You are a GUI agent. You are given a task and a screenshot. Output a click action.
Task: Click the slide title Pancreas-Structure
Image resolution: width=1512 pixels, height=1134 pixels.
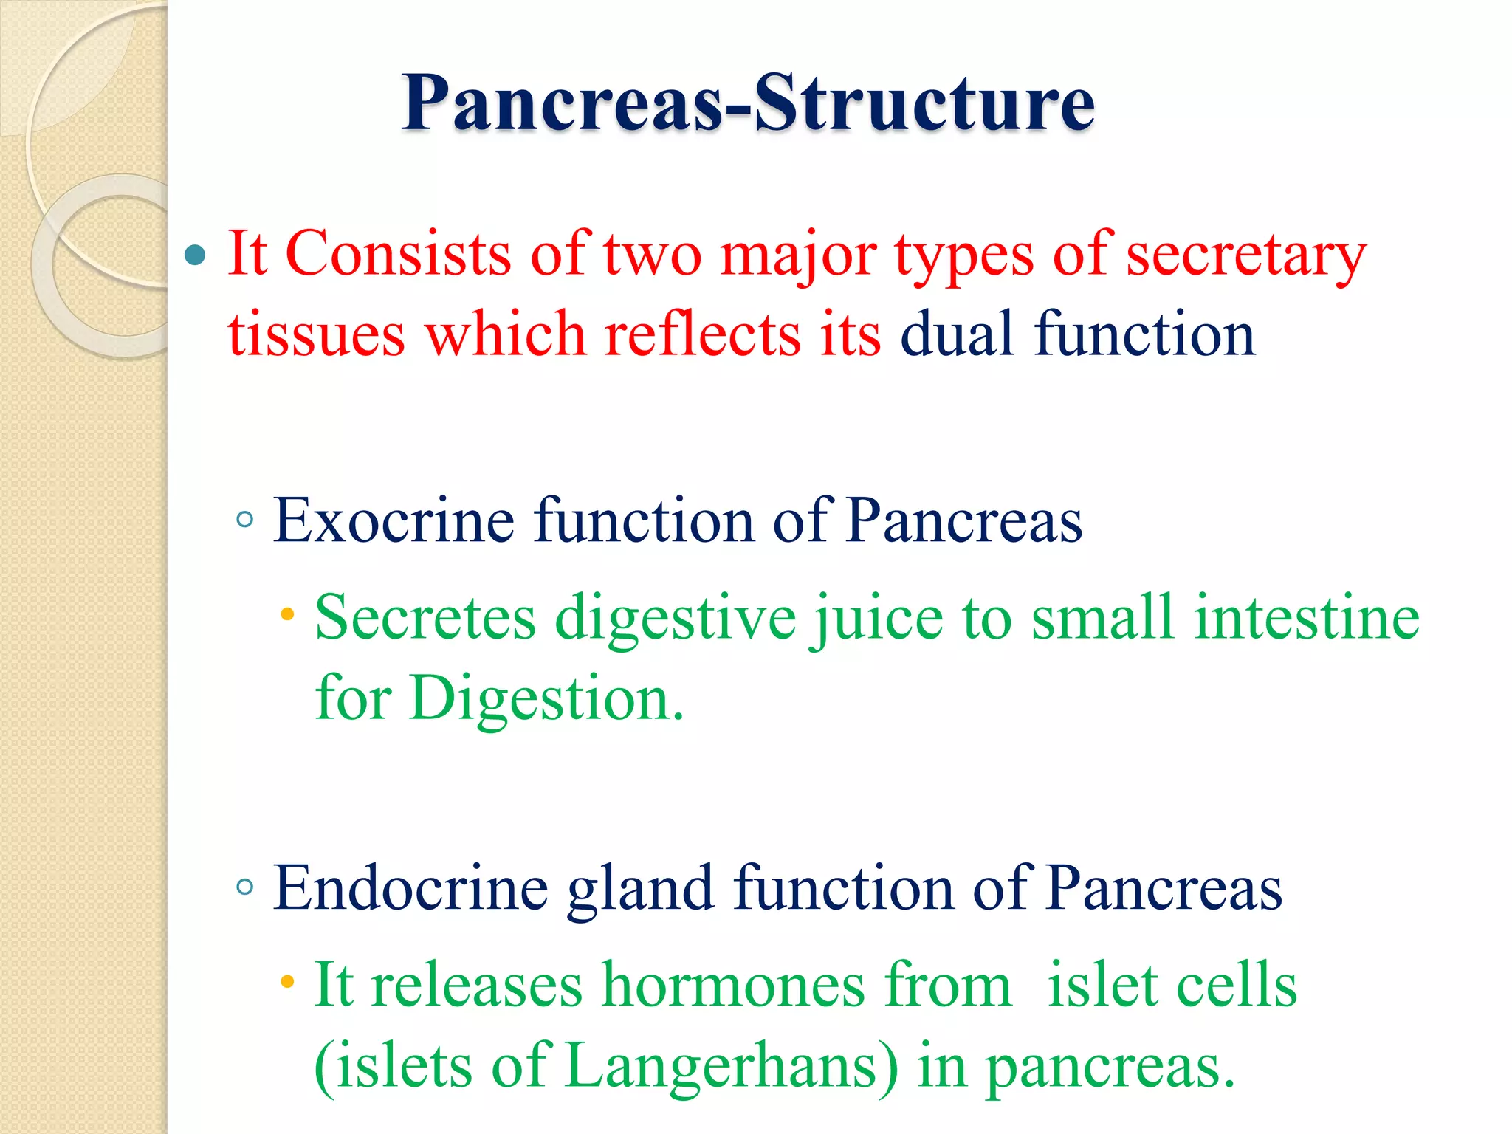(747, 103)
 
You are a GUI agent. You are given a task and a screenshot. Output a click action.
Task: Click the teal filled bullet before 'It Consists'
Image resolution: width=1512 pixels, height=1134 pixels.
(195, 255)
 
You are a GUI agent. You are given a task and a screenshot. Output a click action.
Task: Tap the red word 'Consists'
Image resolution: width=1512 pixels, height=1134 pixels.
(398, 254)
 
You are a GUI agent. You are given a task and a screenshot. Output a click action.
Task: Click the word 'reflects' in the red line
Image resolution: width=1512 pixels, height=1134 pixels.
(702, 334)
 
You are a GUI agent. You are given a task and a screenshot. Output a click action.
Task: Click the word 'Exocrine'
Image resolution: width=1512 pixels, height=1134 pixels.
(394, 521)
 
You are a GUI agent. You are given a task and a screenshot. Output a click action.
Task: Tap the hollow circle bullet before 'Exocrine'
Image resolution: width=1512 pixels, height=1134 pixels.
(245, 520)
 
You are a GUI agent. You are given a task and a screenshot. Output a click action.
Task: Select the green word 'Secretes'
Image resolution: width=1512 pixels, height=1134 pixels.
(425, 618)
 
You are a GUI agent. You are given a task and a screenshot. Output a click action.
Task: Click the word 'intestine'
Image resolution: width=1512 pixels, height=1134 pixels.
(1307, 618)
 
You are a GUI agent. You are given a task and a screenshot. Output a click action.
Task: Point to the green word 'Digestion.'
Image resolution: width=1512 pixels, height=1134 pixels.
(547, 698)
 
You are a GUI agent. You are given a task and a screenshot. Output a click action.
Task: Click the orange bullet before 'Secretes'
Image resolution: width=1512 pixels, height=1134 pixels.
(288, 614)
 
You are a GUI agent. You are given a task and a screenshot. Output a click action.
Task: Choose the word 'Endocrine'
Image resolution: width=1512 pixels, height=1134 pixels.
(410, 888)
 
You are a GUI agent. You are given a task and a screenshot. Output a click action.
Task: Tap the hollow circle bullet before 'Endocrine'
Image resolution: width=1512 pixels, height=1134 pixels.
(245, 887)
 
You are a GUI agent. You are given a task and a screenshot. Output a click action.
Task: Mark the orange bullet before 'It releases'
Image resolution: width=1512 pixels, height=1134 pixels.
(288, 983)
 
